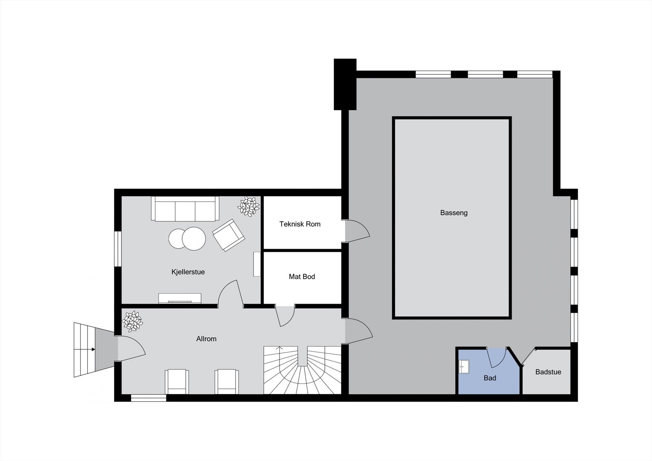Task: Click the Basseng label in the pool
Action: pos(454,213)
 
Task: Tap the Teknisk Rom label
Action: pos(300,224)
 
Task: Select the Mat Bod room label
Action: pos(302,277)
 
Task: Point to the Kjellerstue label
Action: pos(188,272)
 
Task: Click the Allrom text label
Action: pos(206,339)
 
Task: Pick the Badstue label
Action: pos(548,372)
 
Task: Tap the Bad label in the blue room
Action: pos(490,378)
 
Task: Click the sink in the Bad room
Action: pos(464,367)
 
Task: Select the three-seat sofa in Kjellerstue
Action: pos(185,209)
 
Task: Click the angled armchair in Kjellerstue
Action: pos(229,235)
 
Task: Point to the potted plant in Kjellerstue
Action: pos(249,206)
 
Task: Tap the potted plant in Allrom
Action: pos(132,321)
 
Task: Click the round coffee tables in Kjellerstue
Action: pos(187,238)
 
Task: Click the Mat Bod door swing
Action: pos(286,315)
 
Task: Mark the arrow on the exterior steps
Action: pos(93,349)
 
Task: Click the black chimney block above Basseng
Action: pos(345,84)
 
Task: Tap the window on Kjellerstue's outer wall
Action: pos(118,249)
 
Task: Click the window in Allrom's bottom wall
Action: pos(148,398)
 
